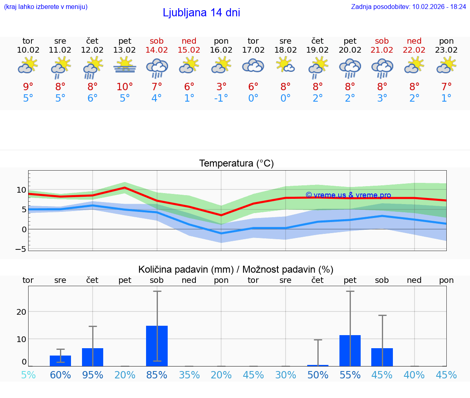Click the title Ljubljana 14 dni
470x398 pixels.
(201, 13)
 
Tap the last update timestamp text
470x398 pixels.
(408, 7)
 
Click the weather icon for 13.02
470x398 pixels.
(125, 66)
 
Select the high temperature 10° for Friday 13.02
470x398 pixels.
(125, 87)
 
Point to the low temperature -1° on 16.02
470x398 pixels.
(221, 98)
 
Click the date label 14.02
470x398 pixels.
(157, 50)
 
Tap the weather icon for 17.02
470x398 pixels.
(253, 66)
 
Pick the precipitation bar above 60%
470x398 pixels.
(60, 360)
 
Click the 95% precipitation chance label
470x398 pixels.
(93, 375)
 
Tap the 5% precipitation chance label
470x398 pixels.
(28, 375)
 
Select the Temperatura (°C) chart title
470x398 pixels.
(236, 164)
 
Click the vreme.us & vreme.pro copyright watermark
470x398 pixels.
(348, 195)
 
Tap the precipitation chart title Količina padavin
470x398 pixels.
(236, 269)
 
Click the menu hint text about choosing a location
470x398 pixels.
(46, 7)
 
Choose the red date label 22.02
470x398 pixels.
(414, 50)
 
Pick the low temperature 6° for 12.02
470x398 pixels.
(93, 98)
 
